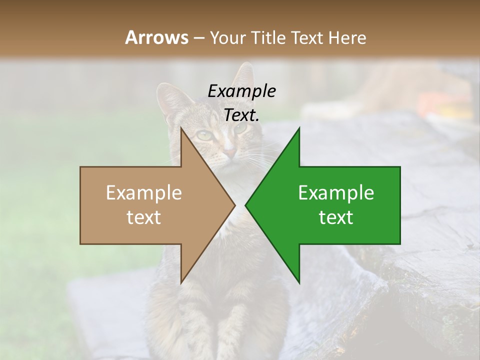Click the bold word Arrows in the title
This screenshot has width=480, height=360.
click(157, 37)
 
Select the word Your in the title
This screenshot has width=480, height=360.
click(227, 37)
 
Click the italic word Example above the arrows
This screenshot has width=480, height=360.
click(241, 91)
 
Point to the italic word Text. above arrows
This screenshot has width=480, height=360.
click(241, 115)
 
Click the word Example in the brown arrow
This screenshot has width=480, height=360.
click(144, 192)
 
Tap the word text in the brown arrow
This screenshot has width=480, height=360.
click(144, 217)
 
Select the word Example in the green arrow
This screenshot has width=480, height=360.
click(336, 192)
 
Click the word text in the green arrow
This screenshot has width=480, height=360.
click(336, 217)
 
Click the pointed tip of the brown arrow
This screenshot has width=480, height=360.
click(234, 205)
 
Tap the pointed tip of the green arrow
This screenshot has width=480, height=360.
click(246, 205)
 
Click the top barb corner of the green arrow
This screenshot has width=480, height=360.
click(299, 128)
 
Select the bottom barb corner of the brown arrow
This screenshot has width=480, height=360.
click(181, 282)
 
